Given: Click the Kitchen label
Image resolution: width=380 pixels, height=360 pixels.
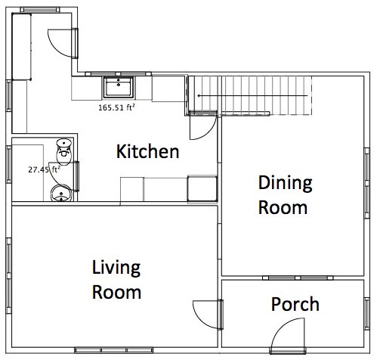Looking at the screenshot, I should coord(147,152).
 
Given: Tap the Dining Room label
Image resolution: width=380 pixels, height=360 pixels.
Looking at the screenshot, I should coord(283,194).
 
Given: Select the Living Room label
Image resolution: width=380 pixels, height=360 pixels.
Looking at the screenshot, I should coord(116,279).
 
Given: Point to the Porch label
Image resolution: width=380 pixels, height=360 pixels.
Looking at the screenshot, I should coord(295,305).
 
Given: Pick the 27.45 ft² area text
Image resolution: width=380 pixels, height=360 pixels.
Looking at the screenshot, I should coord(29,170).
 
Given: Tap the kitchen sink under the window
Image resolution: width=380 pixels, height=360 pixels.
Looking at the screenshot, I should coord(118,87).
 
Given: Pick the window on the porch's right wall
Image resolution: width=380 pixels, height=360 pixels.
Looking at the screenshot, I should coord(374,314).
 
